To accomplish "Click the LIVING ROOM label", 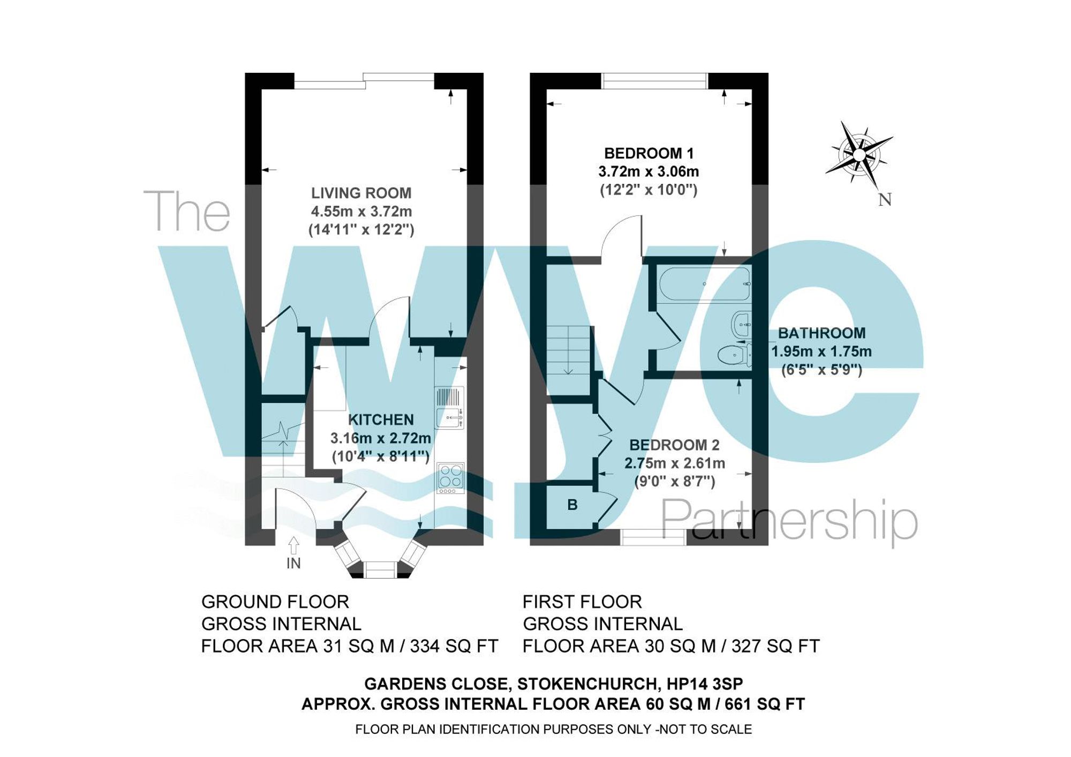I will pyautogui.click(x=361, y=193).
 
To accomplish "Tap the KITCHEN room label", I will pyautogui.click(x=381, y=419).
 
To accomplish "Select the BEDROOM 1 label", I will pyautogui.click(x=648, y=154).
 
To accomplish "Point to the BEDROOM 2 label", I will pyautogui.click(x=674, y=445).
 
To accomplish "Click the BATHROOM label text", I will pyautogui.click(x=821, y=333).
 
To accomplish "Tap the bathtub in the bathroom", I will pyautogui.click(x=704, y=284).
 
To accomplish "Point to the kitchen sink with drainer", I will pyautogui.click(x=449, y=407).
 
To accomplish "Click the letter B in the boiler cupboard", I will pyautogui.click(x=572, y=505).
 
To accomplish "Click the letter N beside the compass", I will pyautogui.click(x=885, y=200).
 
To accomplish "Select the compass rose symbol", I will pyautogui.click(x=858, y=155).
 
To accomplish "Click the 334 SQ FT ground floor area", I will pyautogui.click(x=454, y=646).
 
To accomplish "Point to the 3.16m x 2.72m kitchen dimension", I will pyautogui.click(x=380, y=438).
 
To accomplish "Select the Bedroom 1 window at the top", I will pyautogui.click(x=654, y=80).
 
